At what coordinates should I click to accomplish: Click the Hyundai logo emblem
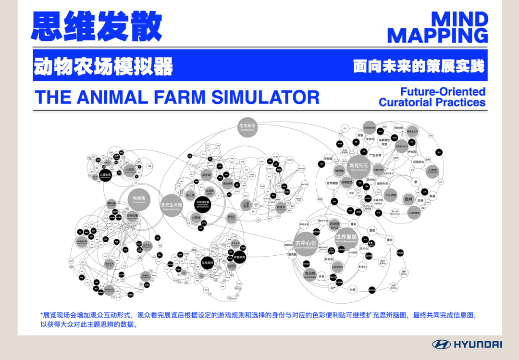(441, 344)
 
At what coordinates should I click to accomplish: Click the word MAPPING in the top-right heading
(438, 36)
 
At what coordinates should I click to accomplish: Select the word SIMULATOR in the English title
(266, 97)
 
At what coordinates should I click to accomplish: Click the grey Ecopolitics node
(247, 127)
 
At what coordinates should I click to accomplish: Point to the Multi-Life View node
(171, 206)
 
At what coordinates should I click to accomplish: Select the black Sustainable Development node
(202, 205)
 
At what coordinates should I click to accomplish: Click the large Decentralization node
(306, 244)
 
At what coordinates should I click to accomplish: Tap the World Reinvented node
(346, 238)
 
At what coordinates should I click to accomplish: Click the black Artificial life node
(105, 175)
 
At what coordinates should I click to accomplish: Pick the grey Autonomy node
(310, 275)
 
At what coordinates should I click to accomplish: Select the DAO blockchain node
(334, 225)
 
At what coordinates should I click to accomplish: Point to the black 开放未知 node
(239, 257)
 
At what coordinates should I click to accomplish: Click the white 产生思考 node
(375, 155)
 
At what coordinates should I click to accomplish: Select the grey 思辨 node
(408, 199)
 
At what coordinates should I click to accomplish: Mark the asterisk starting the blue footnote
(42, 315)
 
